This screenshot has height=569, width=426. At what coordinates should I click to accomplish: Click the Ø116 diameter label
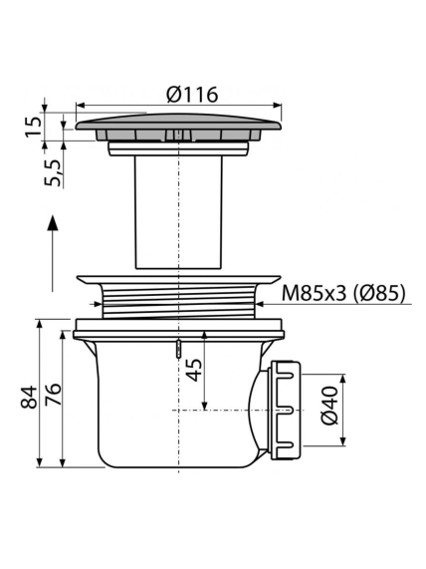(192, 95)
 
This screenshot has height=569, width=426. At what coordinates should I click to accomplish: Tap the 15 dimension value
(34, 127)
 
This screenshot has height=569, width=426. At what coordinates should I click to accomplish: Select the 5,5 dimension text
(53, 173)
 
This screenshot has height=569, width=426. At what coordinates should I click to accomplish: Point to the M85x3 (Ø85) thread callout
(343, 293)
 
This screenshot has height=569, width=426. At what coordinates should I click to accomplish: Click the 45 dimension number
(196, 370)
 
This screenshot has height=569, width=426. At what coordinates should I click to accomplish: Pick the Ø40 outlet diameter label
(329, 406)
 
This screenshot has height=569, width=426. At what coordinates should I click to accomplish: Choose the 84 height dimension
(28, 397)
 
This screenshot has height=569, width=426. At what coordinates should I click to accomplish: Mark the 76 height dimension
(53, 395)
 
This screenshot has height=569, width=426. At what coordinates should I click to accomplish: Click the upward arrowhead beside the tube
(53, 223)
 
